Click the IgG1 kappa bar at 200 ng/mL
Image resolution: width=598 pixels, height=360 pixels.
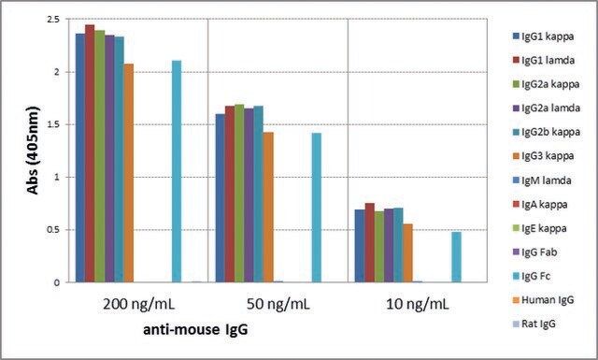80,158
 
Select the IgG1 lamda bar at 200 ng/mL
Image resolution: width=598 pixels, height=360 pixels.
90,153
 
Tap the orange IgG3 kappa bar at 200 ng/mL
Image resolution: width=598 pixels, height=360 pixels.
129,173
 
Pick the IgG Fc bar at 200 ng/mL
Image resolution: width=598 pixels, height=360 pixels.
177,171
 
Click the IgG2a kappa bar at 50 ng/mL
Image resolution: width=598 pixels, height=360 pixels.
239,194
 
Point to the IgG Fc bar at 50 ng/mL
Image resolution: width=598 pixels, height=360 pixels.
317,208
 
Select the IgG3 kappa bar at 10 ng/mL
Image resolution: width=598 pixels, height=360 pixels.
407,253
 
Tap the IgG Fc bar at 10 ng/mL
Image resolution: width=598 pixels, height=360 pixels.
456,257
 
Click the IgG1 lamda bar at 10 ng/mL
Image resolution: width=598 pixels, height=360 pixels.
370,243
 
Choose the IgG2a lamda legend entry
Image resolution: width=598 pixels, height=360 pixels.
547,108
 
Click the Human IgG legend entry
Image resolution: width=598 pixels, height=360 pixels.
543,299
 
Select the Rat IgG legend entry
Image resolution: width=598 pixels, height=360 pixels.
534,324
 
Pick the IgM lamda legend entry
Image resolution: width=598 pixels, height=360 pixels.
542,180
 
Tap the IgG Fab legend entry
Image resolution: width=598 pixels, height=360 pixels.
534,252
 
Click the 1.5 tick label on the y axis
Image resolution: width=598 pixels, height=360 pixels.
53,124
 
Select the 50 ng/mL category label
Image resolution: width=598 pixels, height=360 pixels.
278,304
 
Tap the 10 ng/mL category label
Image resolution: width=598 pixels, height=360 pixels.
418,304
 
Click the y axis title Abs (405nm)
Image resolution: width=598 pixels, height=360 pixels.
33,151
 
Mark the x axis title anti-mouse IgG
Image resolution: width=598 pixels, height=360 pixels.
195,329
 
